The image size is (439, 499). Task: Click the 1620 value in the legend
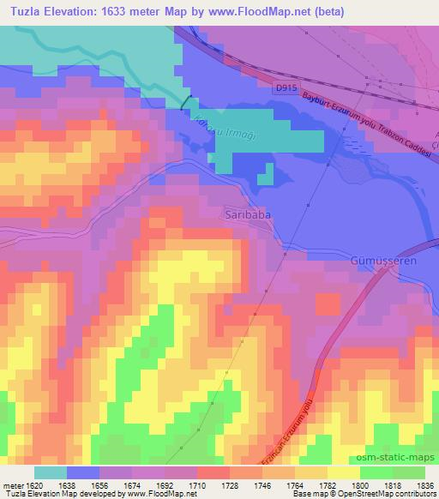pyautogui.click(x=31, y=484)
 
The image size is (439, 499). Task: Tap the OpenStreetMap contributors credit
pyautogui.click(x=387, y=495)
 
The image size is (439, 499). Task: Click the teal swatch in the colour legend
pyautogui.click(x=51, y=472)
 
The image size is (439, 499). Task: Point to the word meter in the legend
pyautogui.click(x=11, y=484)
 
